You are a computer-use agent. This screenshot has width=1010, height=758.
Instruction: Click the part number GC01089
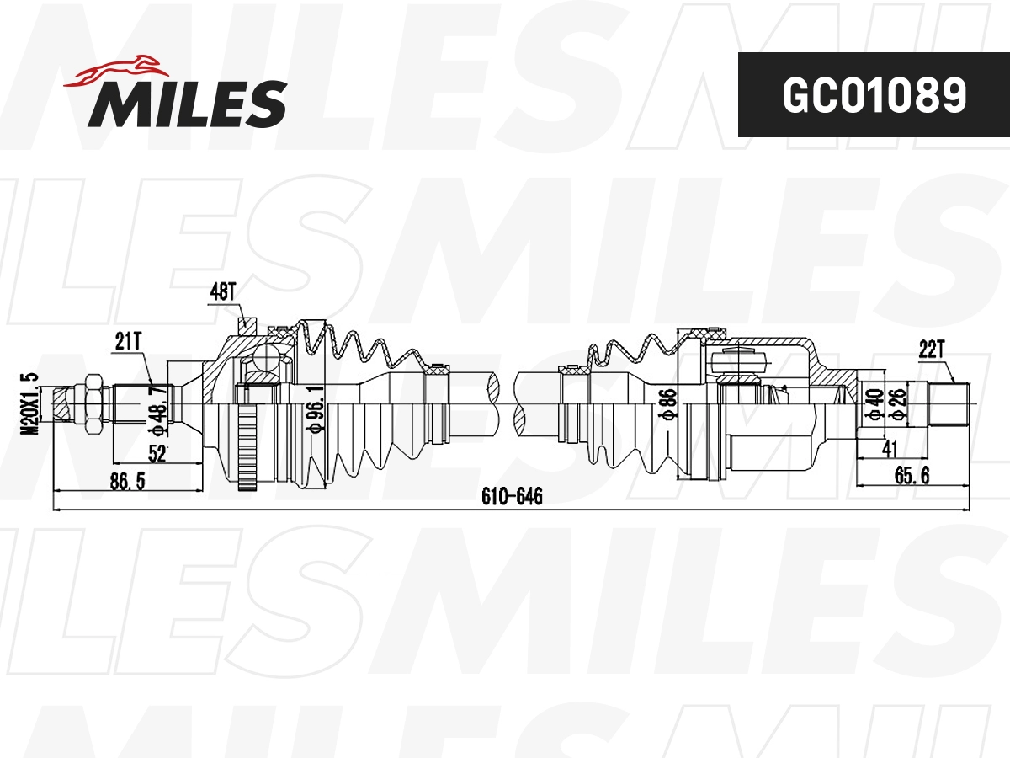click(x=874, y=95)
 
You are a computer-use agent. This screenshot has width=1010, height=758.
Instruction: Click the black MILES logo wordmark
click(x=188, y=104)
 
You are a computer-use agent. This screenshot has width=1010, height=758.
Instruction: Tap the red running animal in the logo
click(x=116, y=71)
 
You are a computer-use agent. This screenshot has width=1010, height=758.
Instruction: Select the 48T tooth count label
click(x=223, y=291)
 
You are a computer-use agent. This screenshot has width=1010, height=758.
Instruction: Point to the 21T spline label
click(x=128, y=341)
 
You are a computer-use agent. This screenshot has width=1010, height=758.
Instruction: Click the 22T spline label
click(x=932, y=350)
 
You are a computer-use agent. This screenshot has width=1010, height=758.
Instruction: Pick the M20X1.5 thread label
click(x=29, y=403)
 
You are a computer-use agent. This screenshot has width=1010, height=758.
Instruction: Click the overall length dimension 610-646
click(x=512, y=496)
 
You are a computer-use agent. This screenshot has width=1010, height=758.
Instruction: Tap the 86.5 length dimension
click(x=127, y=482)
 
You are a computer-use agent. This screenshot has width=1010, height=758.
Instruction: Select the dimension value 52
click(x=157, y=454)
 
